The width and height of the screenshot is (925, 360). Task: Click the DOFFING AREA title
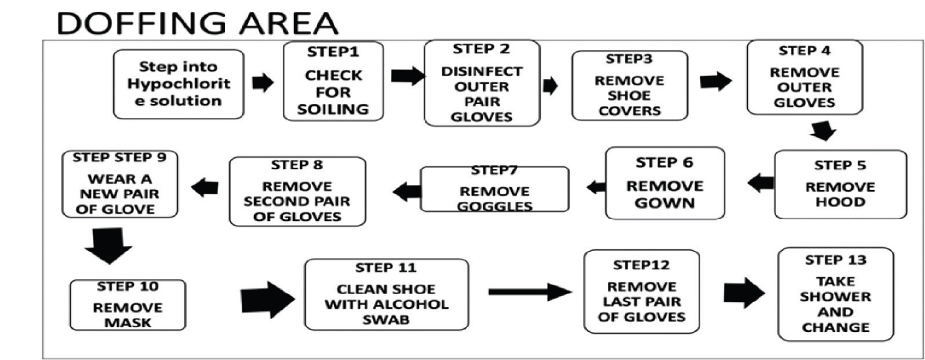[197, 23]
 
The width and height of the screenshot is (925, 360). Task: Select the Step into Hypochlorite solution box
[178, 84]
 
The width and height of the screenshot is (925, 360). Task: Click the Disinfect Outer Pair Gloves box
[481, 83]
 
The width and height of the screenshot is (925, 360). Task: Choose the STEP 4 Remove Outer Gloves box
[804, 78]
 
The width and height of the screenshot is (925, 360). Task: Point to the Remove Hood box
[840, 184]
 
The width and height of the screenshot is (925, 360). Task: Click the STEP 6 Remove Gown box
[665, 183]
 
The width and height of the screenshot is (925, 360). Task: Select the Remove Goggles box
[495, 189]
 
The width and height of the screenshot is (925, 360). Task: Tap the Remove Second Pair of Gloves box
[297, 192]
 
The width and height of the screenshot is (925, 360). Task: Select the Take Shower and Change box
[835, 294]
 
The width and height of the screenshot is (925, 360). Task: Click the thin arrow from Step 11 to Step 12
[530, 291]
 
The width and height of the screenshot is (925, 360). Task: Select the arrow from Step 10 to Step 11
[267, 298]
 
